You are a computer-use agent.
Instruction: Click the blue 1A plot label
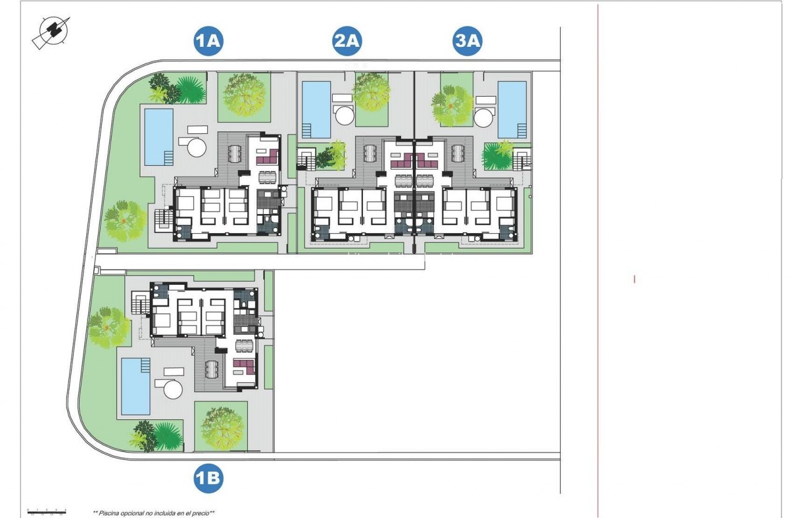pos(208,41)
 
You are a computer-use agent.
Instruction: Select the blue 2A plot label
pos(347,41)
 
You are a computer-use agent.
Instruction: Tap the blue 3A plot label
pos(467,41)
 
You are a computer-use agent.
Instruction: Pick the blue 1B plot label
pos(208,479)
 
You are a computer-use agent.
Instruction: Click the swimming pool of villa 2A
pos(316,109)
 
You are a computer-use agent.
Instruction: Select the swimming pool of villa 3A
pos(512,109)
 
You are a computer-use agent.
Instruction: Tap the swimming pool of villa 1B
pos(136,386)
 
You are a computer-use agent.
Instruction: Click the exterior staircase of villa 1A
pos(163,219)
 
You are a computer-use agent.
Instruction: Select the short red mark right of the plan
pos(635,279)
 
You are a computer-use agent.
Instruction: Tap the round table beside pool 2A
pos(344,116)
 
